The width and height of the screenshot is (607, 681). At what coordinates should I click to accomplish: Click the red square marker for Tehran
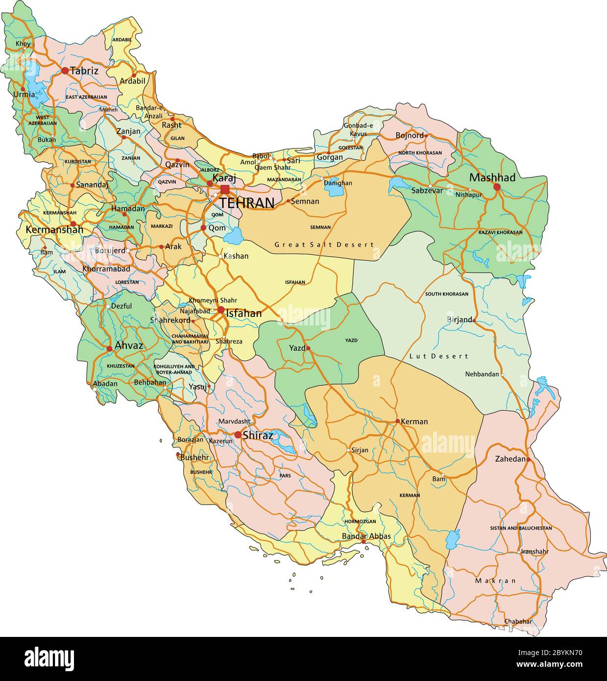[x=225, y=189]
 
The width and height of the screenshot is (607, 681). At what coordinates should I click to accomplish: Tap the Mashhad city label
[x=492, y=177]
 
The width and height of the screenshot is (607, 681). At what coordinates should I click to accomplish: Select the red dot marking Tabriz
[x=65, y=71]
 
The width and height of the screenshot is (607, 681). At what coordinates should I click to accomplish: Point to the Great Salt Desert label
[x=324, y=244]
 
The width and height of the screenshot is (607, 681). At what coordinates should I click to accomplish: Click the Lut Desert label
[x=438, y=356]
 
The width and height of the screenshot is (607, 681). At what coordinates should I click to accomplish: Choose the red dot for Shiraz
[x=238, y=435]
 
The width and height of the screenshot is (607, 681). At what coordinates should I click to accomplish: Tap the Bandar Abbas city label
[x=366, y=536]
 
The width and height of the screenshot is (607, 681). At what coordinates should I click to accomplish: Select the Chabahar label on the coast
[x=518, y=621]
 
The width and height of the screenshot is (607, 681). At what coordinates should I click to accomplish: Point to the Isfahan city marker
[x=221, y=310]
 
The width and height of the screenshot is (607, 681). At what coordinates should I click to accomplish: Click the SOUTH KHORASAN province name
[x=446, y=294]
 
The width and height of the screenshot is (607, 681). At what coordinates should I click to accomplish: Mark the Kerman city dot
[x=398, y=421]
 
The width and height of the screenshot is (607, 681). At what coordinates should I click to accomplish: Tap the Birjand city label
[x=459, y=319]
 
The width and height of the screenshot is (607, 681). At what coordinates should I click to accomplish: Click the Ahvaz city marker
[x=109, y=348]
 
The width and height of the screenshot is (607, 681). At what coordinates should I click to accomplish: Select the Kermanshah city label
[x=54, y=229]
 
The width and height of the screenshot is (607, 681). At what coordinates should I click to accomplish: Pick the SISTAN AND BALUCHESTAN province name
[x=521, y=528]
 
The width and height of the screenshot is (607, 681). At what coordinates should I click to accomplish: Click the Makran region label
[x=495, y=581]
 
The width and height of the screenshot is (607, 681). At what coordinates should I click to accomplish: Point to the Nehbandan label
[x=482, y=374]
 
